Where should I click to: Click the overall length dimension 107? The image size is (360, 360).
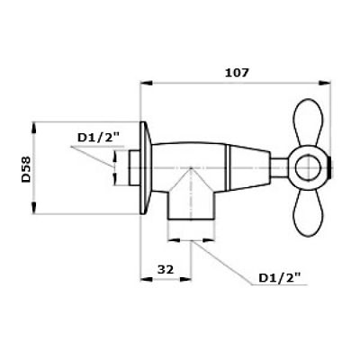coord(238,71)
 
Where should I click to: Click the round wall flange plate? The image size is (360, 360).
coord(145,166)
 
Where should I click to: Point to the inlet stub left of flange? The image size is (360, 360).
coord(133,166)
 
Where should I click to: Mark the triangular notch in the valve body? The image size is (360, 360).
coord(187,176)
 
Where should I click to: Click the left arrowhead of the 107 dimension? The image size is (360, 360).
coord(143,82)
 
